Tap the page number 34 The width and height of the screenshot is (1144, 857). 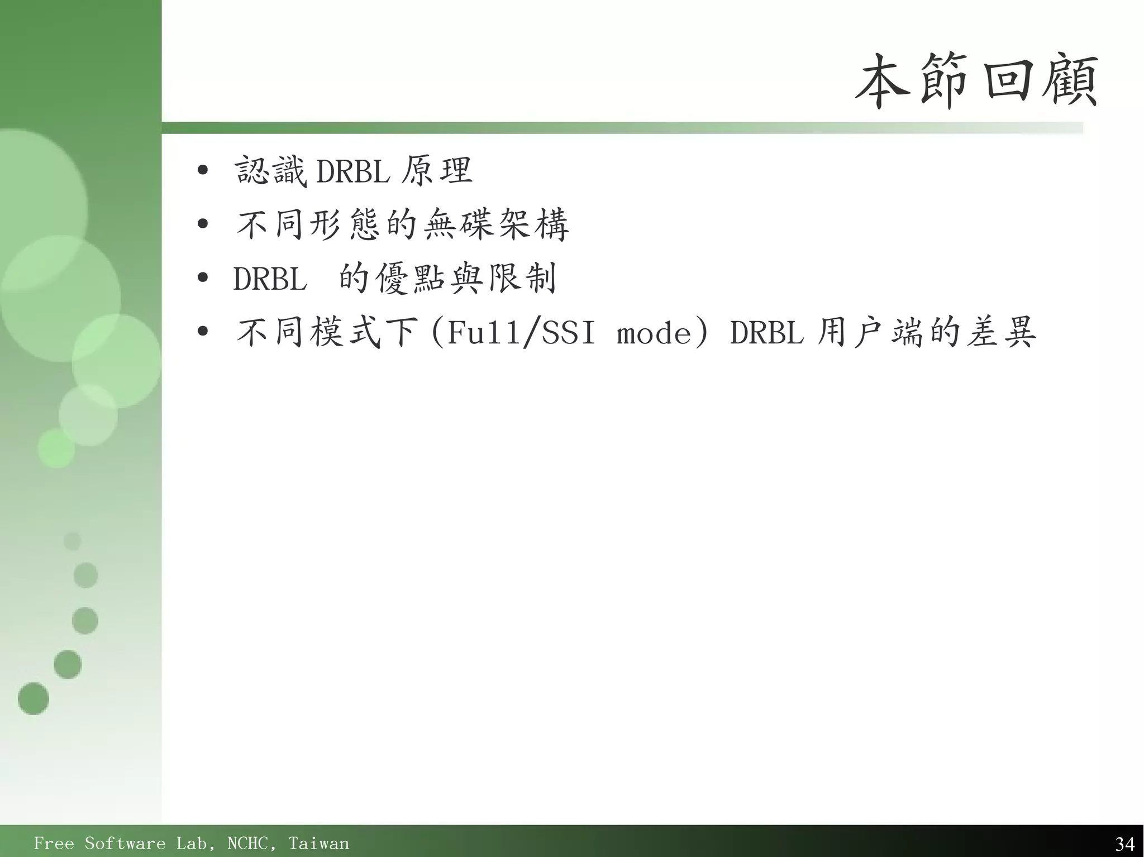[1124, 843]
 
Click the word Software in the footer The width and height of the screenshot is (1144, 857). [125, 843]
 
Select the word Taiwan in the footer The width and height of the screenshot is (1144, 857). [318, 843]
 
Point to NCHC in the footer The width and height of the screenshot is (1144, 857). [251, 843]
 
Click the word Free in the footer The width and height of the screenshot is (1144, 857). [53, 843]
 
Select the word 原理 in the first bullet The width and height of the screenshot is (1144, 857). [437, 171]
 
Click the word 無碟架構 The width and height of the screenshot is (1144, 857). [496, 224]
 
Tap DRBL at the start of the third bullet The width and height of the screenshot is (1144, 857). [270, 279]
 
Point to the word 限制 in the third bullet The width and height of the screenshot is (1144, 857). [522, 279]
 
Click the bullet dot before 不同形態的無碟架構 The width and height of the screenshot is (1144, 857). [203, 224]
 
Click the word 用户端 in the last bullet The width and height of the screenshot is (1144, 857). [871, 332]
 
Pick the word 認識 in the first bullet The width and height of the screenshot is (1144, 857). [270, 171]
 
